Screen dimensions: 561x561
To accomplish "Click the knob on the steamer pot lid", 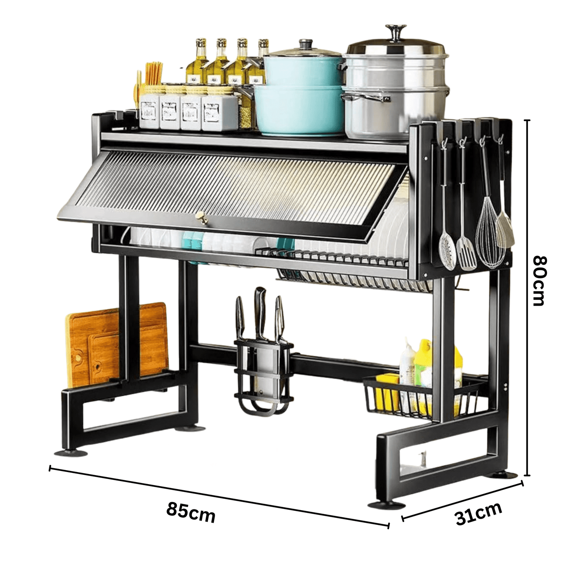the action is point(396,32).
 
